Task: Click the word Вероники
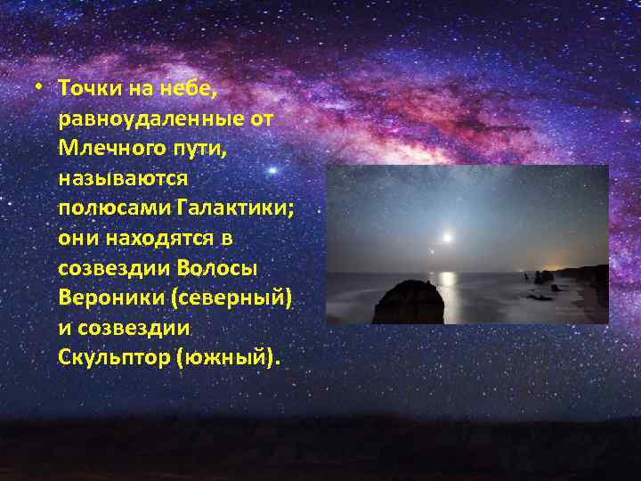103,298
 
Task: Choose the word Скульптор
112,357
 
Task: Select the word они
76,238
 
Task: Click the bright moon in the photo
448,237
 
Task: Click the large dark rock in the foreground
409,303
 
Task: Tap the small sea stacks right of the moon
541,278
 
